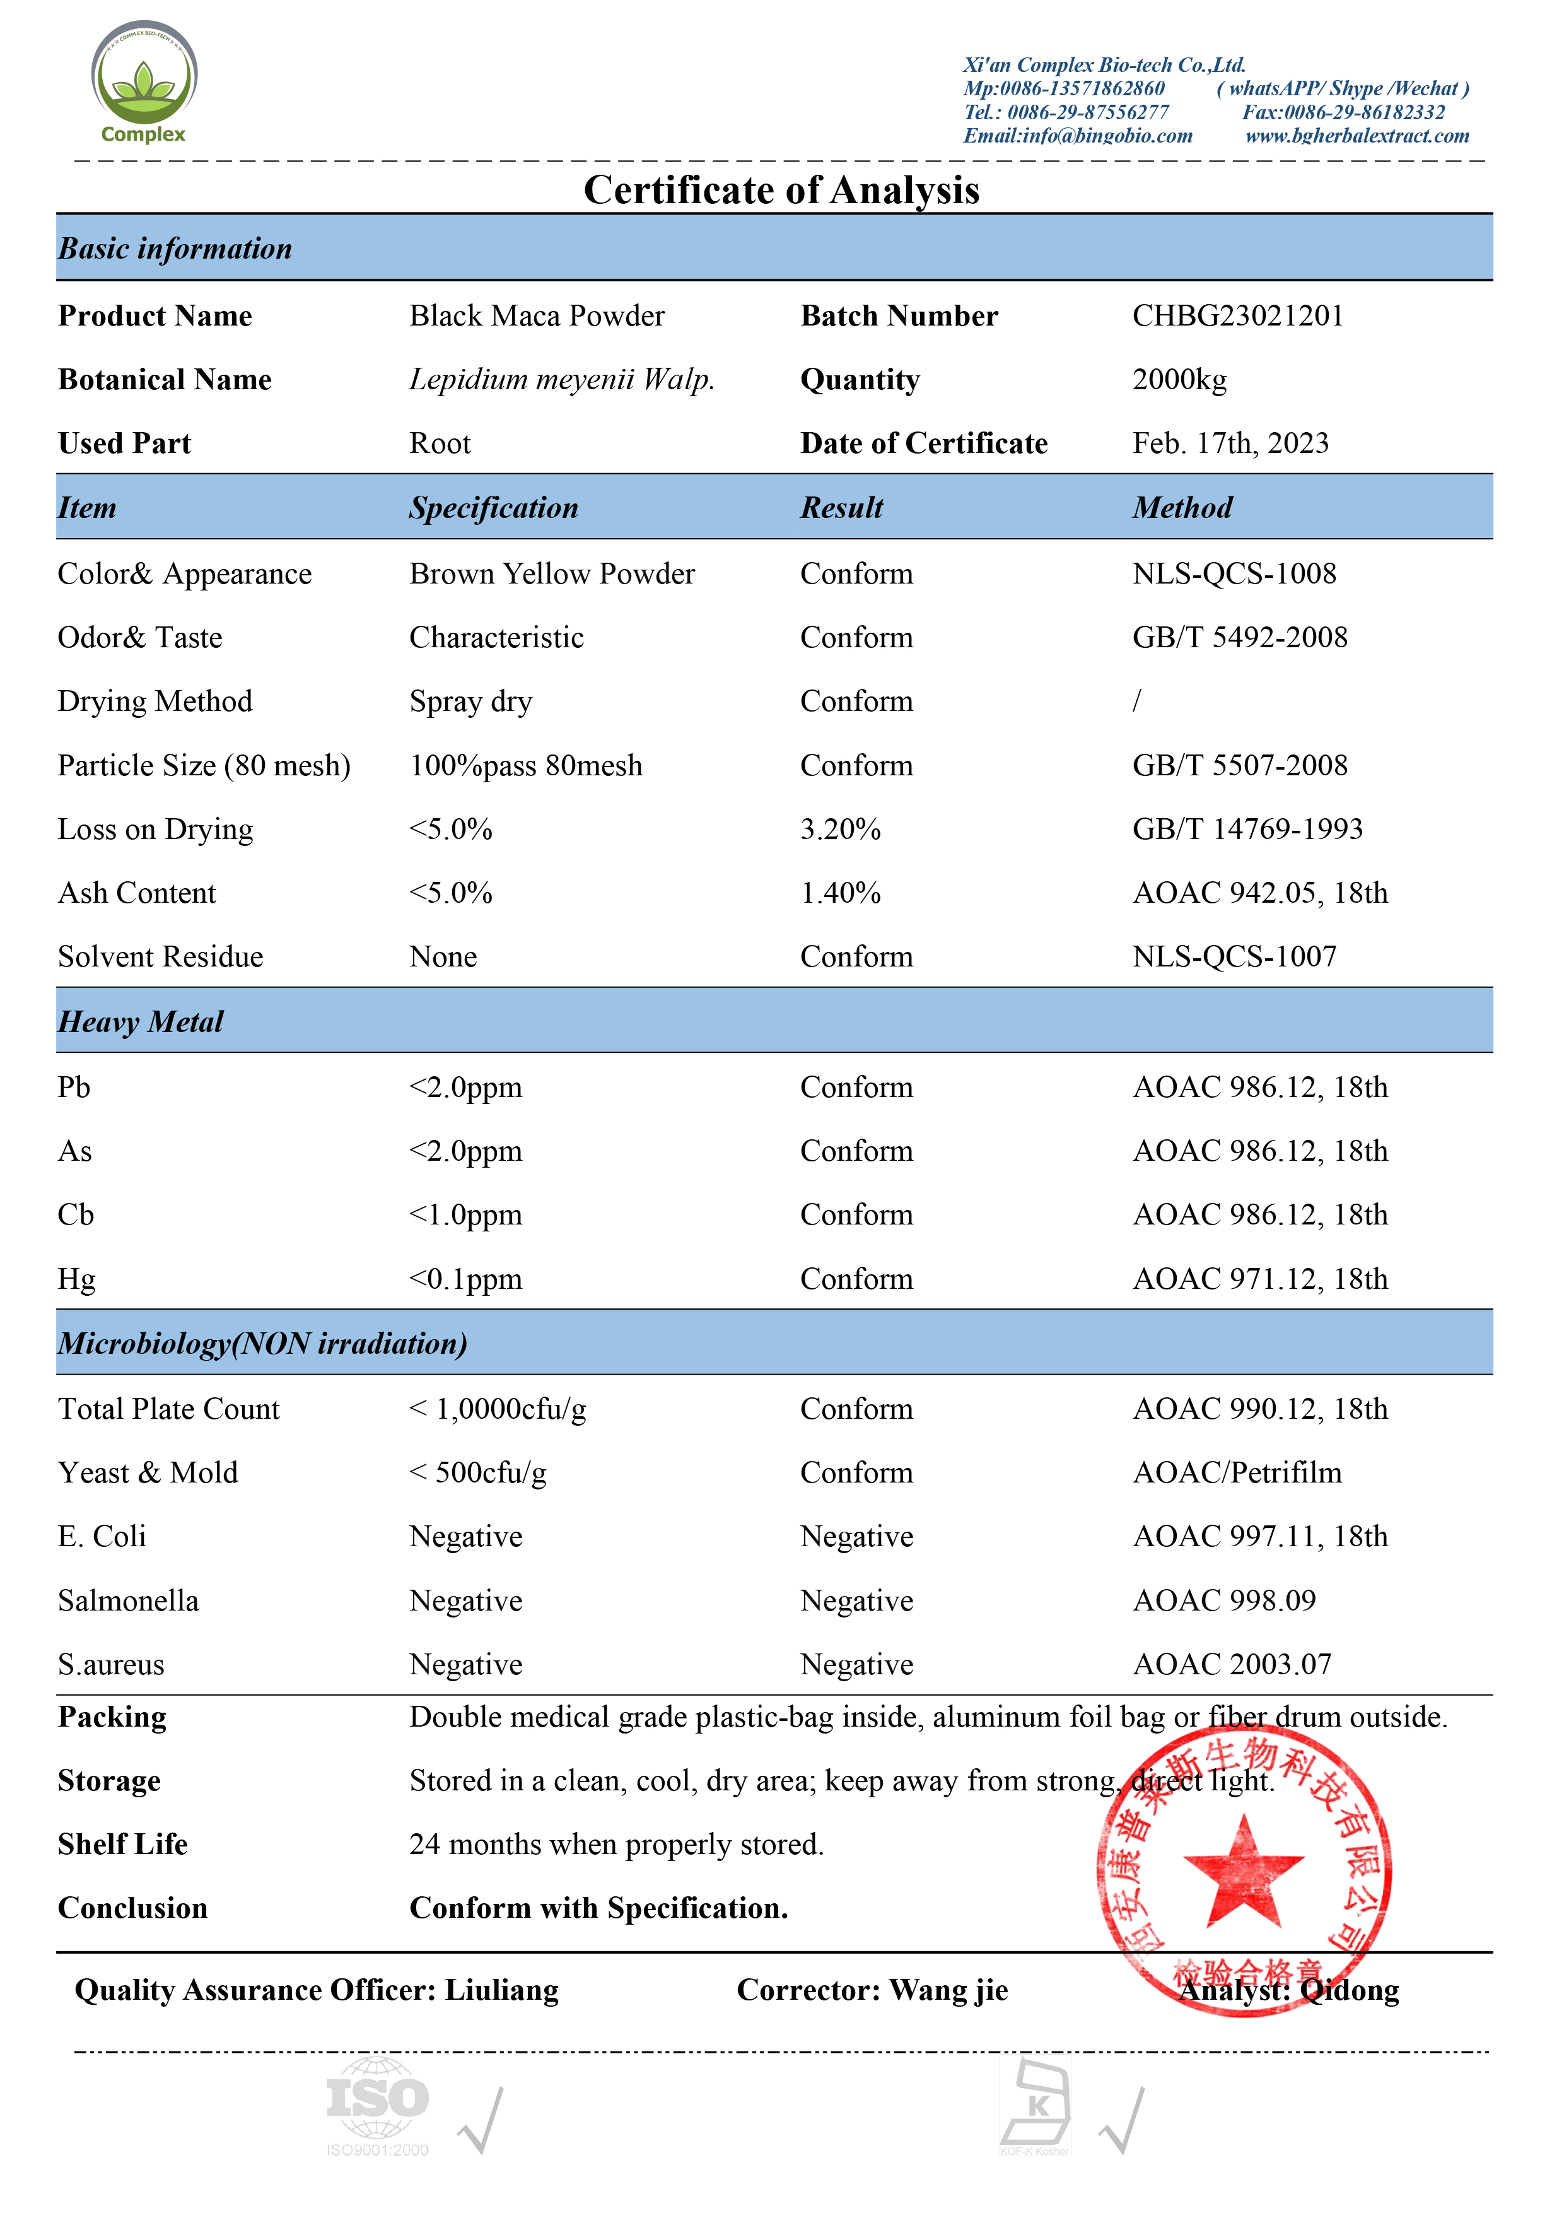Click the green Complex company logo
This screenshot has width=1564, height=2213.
point(144,83)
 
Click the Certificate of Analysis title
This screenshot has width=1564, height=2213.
point(781,190)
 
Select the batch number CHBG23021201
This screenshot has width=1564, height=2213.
point(1237,316)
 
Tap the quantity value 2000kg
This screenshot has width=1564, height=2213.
point(1179,380)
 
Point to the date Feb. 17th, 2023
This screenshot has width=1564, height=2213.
point(1230,443)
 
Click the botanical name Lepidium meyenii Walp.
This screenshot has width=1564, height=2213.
point(562,380)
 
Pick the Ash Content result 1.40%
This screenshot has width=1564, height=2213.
point(840,893)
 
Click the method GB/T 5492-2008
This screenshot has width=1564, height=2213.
point(1239,638)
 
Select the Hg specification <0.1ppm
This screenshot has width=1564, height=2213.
point(465,1279)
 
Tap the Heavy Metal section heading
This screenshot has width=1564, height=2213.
point(141,1022)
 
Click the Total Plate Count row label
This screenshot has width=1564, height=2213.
point(168,1409)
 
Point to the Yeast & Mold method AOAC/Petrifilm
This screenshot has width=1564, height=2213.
point(1237,1473)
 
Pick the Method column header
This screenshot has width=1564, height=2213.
point(1182,508)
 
